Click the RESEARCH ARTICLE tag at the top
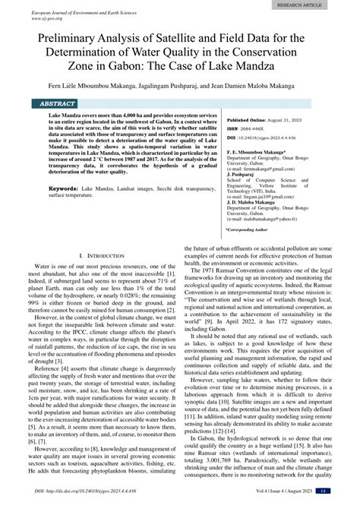point(320,4)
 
